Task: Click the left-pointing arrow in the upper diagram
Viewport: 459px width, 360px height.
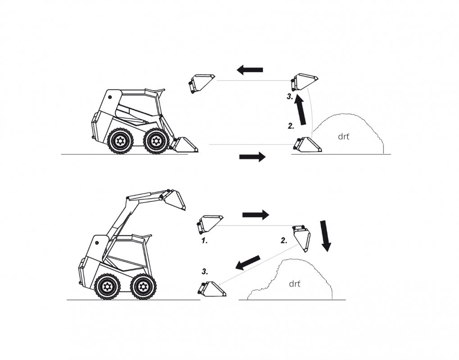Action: point(250,70)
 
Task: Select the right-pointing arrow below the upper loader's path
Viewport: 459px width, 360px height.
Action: point(252,157)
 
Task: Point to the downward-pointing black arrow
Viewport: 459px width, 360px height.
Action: point(325,236)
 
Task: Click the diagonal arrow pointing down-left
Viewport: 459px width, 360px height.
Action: point(248,262)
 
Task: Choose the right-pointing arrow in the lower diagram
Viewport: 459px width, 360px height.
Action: point(255,215)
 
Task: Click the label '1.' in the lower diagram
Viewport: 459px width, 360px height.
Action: point(205,241)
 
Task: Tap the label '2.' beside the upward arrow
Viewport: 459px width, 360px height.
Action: point(291,126)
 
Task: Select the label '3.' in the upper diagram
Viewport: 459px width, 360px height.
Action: point(290,97)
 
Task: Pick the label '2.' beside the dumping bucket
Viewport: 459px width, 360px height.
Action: point(284,240)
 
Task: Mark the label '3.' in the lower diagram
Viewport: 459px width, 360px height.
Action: point(205,272)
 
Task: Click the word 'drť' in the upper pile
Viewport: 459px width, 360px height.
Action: point(344,136)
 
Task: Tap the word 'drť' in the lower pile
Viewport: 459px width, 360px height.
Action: point(295,283)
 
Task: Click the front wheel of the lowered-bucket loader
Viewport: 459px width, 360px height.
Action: point(156,141)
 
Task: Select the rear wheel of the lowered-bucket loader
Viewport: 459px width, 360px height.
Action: point(119,141)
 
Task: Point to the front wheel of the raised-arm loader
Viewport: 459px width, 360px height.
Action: point(143,286)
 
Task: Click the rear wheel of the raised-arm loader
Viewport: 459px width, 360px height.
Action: point(108,287)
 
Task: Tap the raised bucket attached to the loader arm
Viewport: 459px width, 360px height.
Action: point(174,200)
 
